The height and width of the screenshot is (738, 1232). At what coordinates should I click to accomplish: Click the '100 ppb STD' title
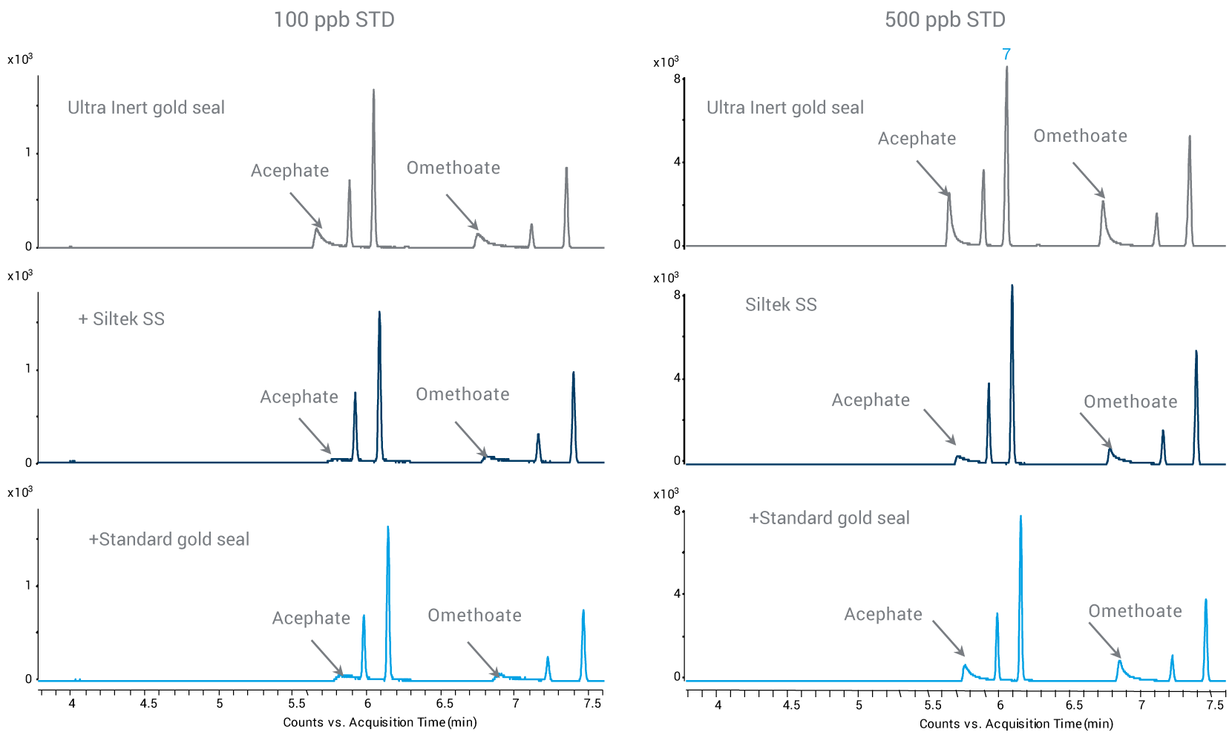334,19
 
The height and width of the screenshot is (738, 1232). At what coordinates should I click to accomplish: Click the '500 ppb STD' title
945,19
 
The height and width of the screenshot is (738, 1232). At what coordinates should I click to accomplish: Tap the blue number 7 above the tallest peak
1006,54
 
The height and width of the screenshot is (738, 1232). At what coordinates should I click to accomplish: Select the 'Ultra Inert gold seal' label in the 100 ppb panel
146,108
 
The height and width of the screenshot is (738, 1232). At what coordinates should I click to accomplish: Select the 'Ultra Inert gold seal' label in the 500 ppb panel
785,108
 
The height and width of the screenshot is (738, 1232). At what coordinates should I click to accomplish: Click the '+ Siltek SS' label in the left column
122,319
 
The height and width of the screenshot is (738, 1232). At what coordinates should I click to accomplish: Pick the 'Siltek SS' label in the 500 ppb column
781,304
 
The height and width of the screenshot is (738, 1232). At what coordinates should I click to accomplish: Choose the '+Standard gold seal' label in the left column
169,539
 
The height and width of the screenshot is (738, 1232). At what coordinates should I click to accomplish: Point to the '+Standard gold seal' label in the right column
829,518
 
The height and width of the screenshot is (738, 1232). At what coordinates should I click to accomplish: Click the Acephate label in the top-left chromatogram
289,171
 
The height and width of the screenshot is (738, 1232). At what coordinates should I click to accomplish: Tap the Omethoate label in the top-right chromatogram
1080,136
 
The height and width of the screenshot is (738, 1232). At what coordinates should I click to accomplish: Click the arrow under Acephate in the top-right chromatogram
933,178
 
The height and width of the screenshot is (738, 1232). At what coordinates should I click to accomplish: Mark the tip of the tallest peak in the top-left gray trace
373,91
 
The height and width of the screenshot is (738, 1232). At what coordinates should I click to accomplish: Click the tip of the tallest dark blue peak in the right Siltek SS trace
1012,286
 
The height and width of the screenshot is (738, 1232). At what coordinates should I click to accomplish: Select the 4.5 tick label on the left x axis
148,703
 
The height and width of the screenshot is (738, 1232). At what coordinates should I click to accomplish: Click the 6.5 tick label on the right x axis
1074,705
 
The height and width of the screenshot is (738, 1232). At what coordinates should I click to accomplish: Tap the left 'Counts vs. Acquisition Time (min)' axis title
380,722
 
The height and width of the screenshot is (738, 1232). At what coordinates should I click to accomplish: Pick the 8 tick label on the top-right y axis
677,79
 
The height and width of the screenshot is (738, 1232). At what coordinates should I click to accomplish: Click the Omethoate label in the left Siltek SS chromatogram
462,394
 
